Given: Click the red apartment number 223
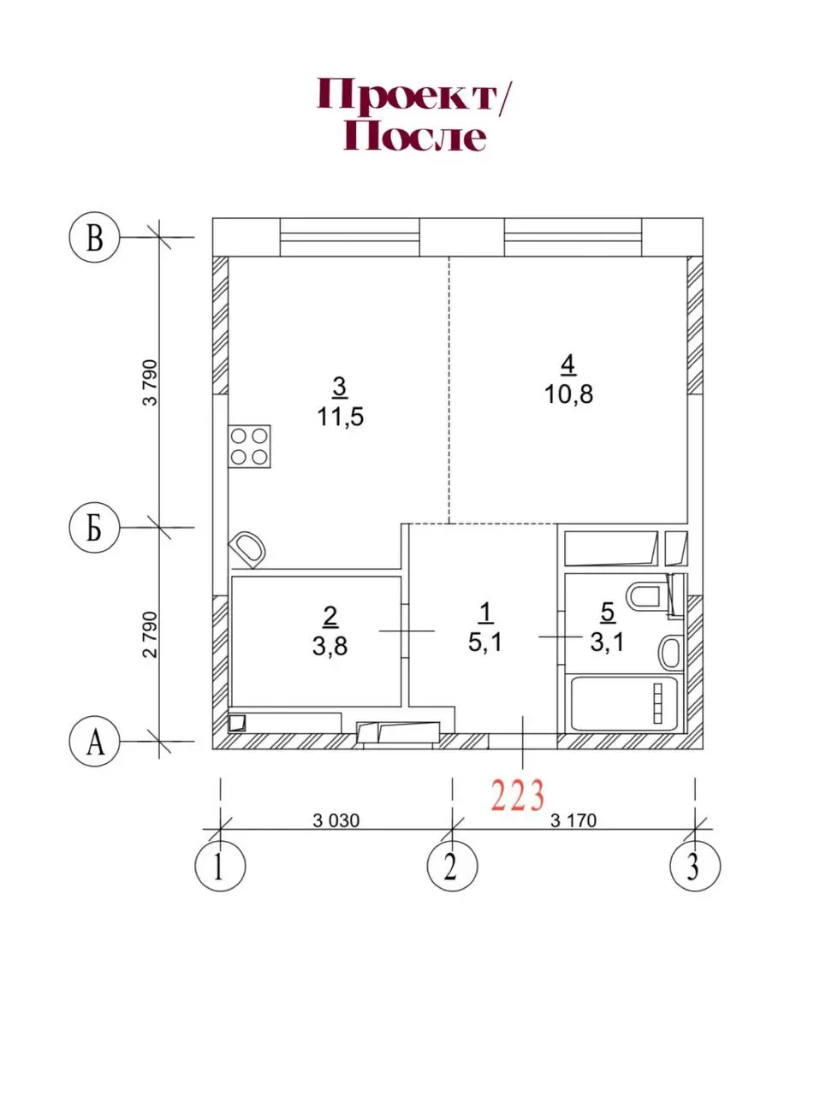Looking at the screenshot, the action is click(x=518, y=796).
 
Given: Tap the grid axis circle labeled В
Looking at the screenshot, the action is click(x=94, y=238).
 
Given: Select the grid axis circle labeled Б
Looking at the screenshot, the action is click(x=94, y=528).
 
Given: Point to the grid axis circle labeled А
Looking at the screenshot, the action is click(x=94, y=741).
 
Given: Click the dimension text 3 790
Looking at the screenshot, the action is click(x=150, y=382).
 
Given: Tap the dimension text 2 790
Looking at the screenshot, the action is click(x=150, y=635).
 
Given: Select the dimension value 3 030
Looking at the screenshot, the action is click(x=336, y=820).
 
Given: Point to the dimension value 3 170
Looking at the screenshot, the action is click(x=573, y=820).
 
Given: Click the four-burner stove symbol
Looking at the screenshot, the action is click(x=249, y=447).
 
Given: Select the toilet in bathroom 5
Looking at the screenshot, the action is click(x=648, y=595).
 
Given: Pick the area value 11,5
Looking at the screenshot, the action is click(x=341, y=417).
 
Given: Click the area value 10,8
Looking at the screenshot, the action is click(x=568, y=394).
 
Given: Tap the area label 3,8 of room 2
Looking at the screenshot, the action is click(x=330, y=646).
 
